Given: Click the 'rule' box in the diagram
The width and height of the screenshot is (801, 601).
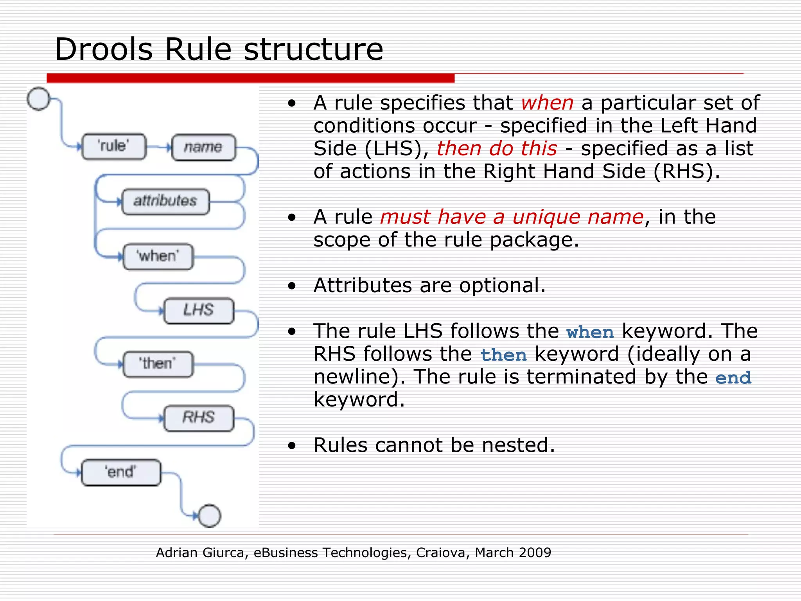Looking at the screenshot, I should tap(113, 146).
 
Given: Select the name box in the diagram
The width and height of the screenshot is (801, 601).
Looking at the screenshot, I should tap(203, 147).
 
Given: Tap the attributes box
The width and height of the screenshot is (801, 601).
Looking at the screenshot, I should tap(165, 202).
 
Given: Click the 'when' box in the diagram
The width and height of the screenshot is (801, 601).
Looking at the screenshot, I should tap(158, 257).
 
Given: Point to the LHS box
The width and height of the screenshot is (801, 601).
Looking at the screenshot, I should tap(199, 311).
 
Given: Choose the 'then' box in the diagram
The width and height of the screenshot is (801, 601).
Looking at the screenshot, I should tap(158, 364).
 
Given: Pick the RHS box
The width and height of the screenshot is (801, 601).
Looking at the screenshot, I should tap(199, 418).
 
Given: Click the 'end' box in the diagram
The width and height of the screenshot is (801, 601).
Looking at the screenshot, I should tap(121, 472).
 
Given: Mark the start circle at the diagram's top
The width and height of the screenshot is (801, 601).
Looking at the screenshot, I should tap(39, 99).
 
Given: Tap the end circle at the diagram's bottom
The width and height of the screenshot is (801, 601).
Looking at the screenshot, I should tap(210, 516).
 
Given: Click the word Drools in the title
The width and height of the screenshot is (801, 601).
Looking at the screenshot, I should tap(104, 49).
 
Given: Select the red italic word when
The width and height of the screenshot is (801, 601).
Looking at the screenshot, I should tap(547, 103).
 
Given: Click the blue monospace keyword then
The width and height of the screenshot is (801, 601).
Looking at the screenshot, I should tap(503, 355).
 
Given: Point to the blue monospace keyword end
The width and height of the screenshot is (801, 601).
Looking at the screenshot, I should tap(733, 378).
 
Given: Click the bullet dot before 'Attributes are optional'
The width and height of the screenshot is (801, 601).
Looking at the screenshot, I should tap(292, 286).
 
